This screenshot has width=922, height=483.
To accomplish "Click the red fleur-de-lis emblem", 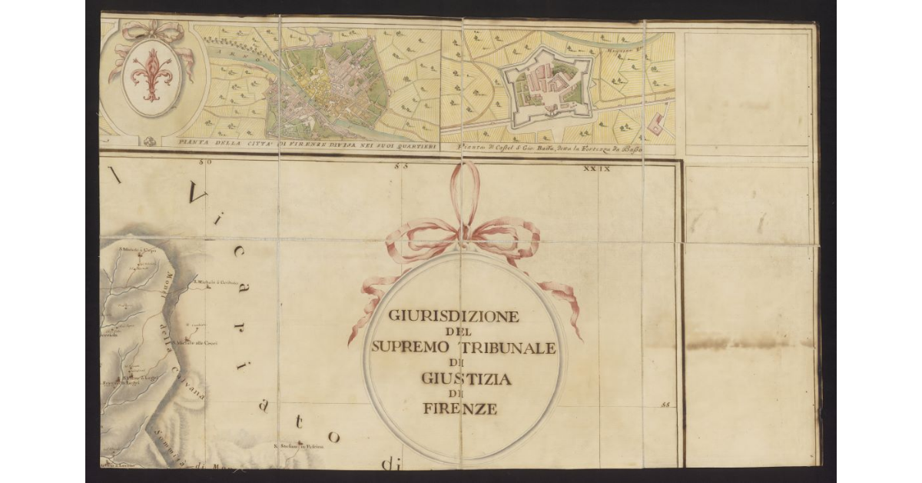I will tap(151, 75).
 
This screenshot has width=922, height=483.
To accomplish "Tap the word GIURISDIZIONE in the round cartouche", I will tap(443, 316).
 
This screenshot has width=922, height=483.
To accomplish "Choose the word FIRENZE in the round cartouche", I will tap(459, 409).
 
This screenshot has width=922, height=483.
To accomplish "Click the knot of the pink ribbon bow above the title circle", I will tap(463, 231).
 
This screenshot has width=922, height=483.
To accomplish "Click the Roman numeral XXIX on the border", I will tap(597, 168).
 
